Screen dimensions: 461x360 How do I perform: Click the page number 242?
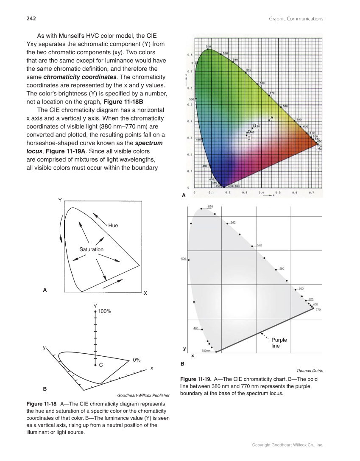[x=31, y=18]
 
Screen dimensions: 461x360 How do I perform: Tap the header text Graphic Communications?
[x=296, y=19]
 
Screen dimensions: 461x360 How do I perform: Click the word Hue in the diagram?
[x=113, y=226]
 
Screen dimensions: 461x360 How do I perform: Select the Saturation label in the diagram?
[x=91, y=249]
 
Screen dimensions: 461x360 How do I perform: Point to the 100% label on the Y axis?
[x=105, y=311]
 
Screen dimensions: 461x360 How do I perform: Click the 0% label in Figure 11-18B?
[x=137, y=360]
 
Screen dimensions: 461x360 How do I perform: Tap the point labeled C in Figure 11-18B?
[x=95, y=365]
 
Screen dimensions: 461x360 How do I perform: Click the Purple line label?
[x=279, y=343]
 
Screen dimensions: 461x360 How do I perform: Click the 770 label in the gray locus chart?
[x=318, y=310]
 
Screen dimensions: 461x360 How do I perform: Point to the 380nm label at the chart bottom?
[x=206, y=351]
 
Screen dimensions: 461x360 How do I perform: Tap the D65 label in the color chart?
[x=251, y=132]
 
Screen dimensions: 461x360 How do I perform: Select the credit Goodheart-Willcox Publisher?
[x=143, y=395]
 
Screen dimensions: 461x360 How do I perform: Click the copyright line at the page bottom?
[x=287, y=445]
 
